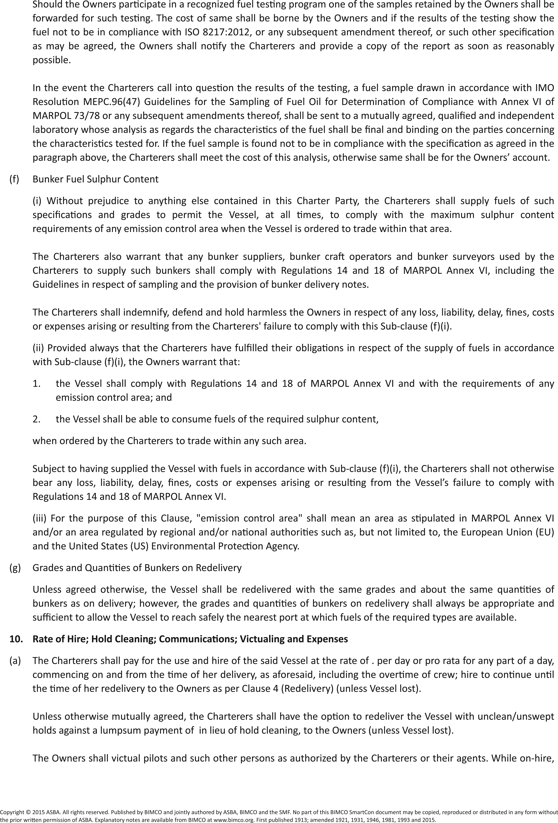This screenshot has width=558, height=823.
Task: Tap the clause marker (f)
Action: pyautogui.click(x=14, y=179)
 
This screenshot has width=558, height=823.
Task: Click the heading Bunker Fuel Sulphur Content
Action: pyautogui.click(x=96, y=179)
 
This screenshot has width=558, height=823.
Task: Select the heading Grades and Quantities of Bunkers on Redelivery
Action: pyautogui.click(x=137, y=568)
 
